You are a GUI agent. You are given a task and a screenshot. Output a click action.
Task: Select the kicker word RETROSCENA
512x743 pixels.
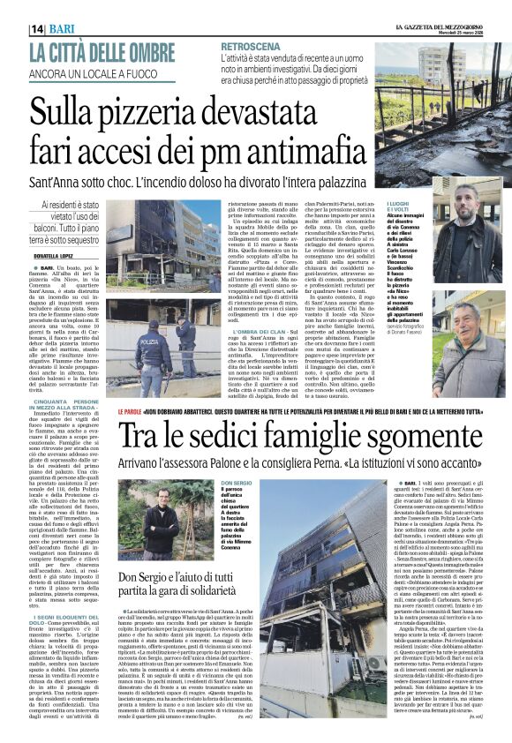click(252, 45)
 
